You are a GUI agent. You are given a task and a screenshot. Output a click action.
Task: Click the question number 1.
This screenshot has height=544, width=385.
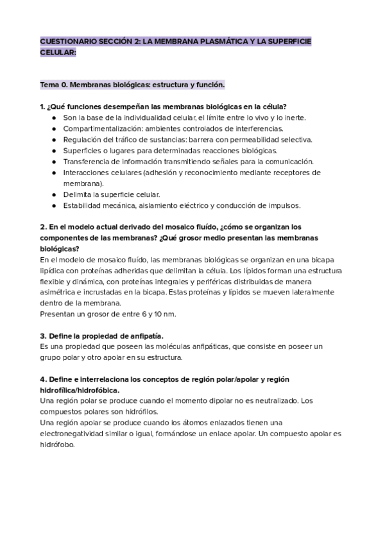[x=42, y=106]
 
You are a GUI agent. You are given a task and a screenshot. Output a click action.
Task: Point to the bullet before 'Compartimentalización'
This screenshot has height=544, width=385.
[x=54, y=128]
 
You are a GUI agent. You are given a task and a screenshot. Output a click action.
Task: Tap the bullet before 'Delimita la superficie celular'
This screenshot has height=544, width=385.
[x=54, y=194]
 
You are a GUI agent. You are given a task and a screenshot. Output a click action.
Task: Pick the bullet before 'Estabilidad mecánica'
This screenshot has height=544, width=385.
[x=54, y=205]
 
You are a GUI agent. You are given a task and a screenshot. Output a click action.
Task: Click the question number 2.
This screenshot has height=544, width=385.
[x=42, y=227]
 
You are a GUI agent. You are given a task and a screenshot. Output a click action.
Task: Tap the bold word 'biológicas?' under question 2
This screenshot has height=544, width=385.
[x=60, y=248]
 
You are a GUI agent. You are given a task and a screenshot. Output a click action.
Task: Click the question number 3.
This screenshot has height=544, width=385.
[x=42, y=336]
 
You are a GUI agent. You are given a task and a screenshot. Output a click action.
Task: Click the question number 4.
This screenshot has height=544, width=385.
[x=42, y=379]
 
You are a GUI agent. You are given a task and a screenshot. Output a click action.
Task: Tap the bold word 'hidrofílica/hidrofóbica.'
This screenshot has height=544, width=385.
[x=80, y=390]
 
